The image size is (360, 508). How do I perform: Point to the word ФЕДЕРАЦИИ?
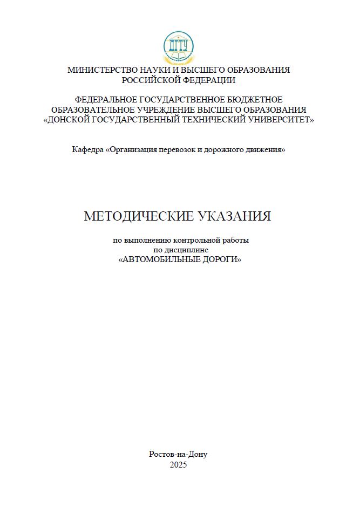coord(208,80)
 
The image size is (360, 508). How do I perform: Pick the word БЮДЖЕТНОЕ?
coord(254,100)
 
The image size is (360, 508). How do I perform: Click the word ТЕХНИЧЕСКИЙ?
coord(215,120)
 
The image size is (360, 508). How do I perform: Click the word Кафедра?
coord(87,149)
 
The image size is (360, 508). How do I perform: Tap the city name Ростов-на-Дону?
coord(178,454)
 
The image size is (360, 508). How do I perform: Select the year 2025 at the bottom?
coord(178,464)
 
